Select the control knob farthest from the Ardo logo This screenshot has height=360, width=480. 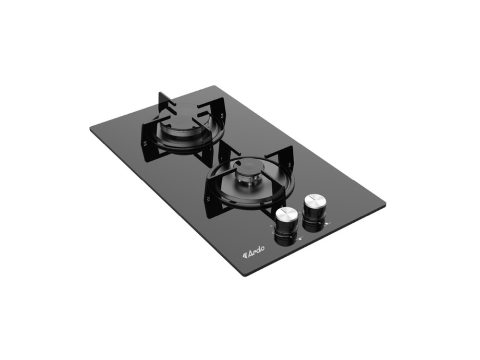pyautogui.click(x=314, y=211)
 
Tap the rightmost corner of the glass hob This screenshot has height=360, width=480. pyautogui.click(x=385, y=204)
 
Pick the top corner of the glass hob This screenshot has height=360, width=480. pyautogui.click(x=212, y=86)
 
